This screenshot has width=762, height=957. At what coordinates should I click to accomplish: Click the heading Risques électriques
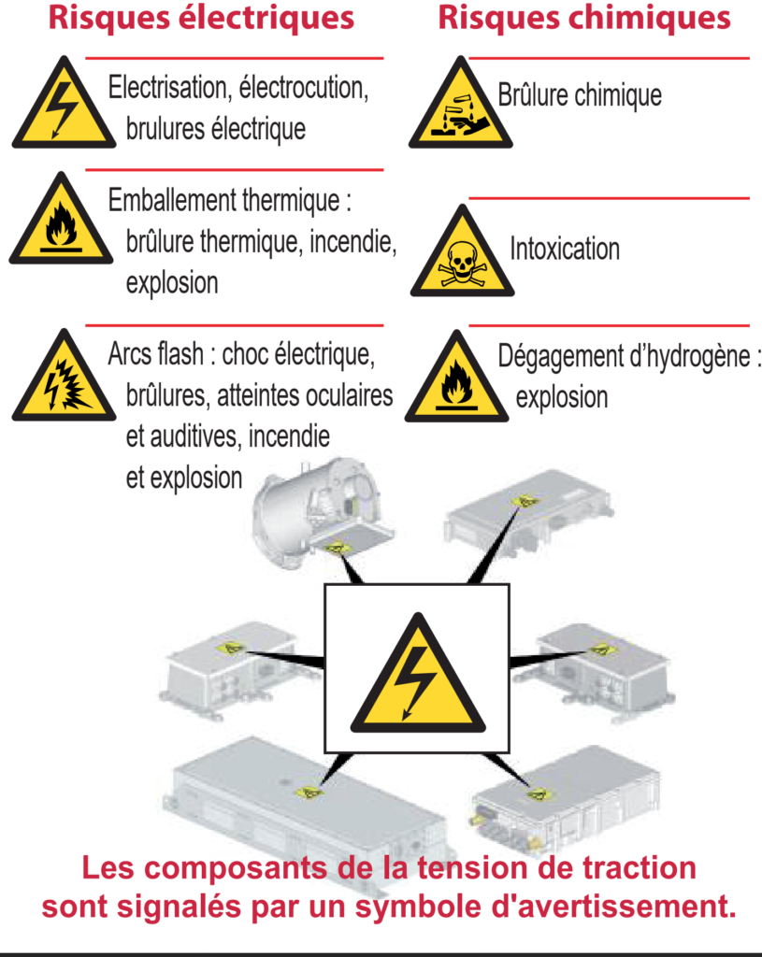(201, 18)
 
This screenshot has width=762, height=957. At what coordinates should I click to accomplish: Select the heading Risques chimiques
(584, 18)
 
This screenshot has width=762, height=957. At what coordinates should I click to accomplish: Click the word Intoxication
(565, 249)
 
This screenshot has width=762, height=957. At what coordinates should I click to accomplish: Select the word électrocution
(304, 88)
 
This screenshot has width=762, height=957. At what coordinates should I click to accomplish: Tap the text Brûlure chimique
(580, 94)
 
